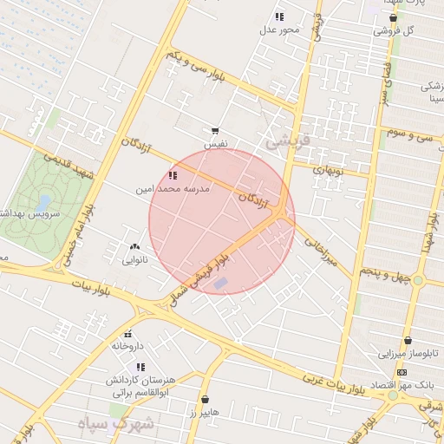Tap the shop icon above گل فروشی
[x=393, y=17]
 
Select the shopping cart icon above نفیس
[x=215, y=131]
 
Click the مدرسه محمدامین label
[x=170, y=187]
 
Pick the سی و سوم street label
[x=410, y=134]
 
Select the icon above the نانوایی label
[x=134, y=246]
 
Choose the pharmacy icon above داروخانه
[x=127, y=334]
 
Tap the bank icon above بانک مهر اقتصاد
[x=401, y=373]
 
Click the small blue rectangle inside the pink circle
[x=221, y=283]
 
